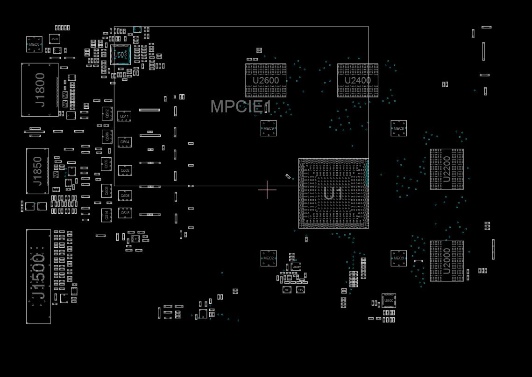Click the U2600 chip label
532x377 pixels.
[x=266, y=80]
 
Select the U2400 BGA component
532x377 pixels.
[x=358, y=80]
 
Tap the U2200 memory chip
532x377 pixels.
[x=447, y=169]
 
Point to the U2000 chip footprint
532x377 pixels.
[x=447, y=261]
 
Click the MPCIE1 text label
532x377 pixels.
[x=241, y=106]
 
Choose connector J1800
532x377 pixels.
[x=40, y=90]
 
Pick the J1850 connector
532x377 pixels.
[x=37, y=171]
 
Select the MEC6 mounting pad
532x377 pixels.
[x=34, y=44]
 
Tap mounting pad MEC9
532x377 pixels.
[x=269, y=128]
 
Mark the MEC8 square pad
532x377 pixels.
[x=399, y=128]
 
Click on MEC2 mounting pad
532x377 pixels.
[x=269, y=258]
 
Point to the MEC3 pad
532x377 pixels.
[x=399, y=258]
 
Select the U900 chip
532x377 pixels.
[x=389, y=300]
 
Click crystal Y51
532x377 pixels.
[x=287, y=290]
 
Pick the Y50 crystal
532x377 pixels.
[x=300, y=290]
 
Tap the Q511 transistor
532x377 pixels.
[x=124, y=116]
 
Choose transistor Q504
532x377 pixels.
[x=125, y=142]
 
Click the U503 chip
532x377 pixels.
[x=121, y=55]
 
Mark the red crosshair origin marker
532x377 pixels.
[x=267, y=189]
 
